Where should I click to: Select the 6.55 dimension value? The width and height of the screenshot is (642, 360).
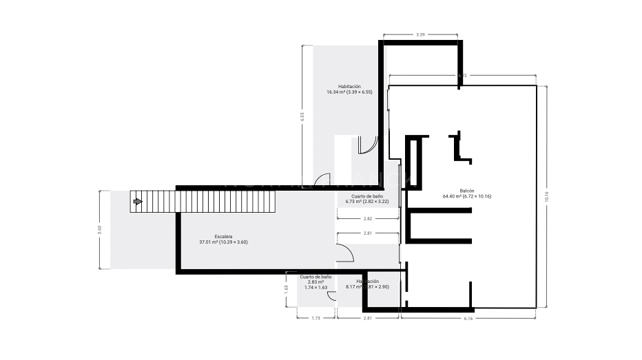coord(302,116)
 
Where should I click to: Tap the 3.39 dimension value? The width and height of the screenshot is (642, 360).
coord(420,34)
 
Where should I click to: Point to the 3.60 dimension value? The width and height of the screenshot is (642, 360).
coord(100,230)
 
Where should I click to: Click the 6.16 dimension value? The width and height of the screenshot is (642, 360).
coord(468,318)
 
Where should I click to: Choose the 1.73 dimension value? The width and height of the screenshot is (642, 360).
coord(315,318)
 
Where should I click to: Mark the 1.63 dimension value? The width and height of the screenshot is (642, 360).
coord(286,290)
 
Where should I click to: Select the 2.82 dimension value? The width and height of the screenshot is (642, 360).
coord(368,218)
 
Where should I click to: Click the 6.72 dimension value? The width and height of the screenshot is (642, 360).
coord(463,75)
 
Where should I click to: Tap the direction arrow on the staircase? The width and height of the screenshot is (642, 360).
coord(137,202)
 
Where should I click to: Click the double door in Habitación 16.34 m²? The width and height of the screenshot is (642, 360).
coord(367,145)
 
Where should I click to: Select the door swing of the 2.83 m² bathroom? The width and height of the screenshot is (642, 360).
coord(331,297)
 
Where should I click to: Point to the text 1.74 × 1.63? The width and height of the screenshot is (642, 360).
coord(315,287)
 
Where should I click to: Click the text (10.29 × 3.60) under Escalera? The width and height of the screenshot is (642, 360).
coord(234,242)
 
